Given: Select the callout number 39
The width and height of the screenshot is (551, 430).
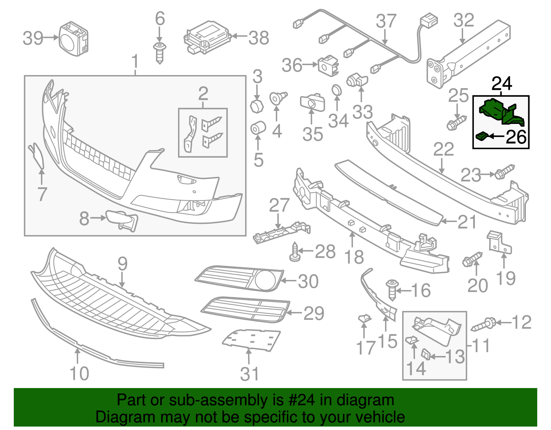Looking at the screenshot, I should pyautogui.click(x=33, y=38).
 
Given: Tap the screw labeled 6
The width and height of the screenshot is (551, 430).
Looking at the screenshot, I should pyautogui.click(x=159, y=53).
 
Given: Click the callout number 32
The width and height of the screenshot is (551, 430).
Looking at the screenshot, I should pyautogui.click(x=464, y=21).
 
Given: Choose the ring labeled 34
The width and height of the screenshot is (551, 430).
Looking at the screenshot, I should pyautogui.click(x=336, y=91).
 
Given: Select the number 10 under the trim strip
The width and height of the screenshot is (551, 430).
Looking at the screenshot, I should pyautogui.click(x=79, y=374).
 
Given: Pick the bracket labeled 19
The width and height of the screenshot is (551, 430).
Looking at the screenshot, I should pyautogui.click(x=498, y=242).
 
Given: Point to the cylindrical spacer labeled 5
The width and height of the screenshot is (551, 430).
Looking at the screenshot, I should pyautogui.click(x=257, y=128).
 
